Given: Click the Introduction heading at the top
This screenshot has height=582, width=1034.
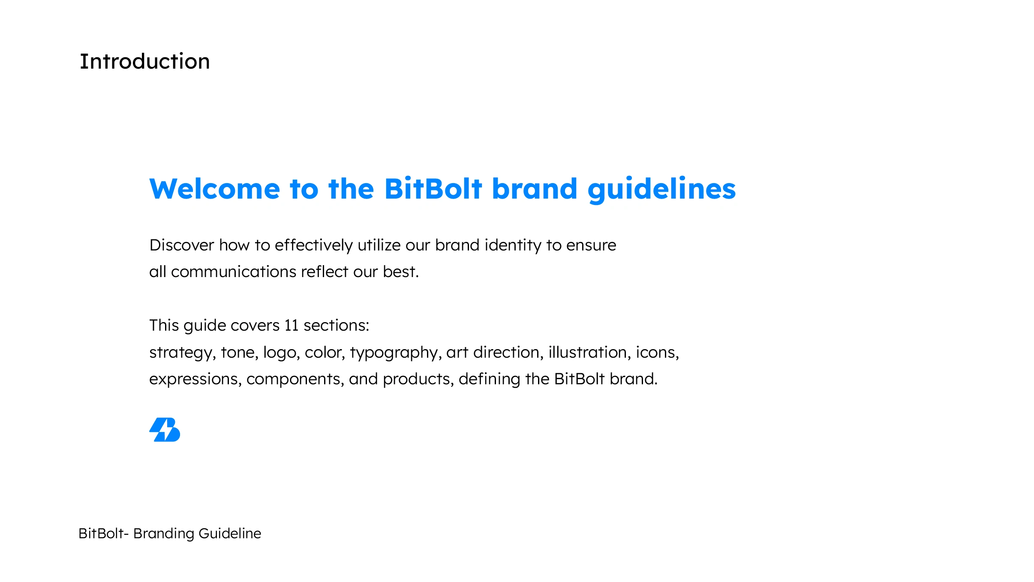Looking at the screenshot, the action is [145, 61].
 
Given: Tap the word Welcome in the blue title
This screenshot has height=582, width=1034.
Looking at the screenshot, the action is [215, 189].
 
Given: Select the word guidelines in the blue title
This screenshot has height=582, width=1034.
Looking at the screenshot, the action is [661, 190].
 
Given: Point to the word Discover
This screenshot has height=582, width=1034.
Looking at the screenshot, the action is [182, 245].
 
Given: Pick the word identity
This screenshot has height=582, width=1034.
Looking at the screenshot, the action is [513, 246].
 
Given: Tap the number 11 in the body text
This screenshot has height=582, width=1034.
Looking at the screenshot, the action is [292, 326].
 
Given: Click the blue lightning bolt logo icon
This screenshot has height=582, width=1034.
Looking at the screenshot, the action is [165, 429].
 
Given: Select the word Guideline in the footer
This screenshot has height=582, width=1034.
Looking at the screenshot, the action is [230, 533].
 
